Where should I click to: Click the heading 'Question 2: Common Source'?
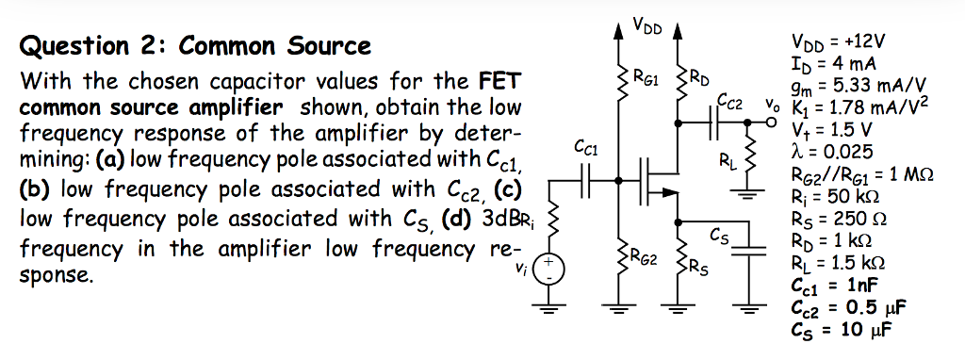coord(195,46)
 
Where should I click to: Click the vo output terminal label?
coord(773,105)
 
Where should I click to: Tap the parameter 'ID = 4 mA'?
coord(837,62)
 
